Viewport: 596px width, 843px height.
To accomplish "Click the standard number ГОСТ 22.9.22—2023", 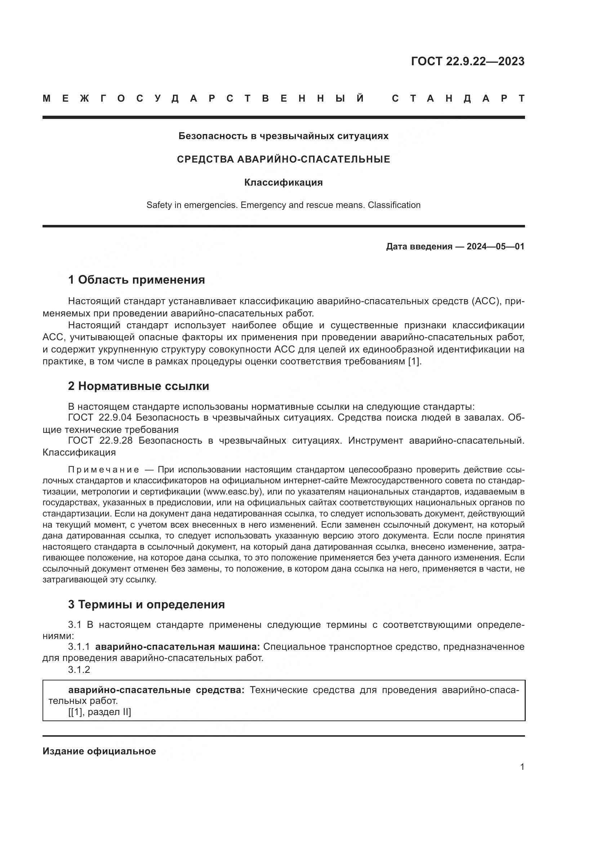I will point(468,61).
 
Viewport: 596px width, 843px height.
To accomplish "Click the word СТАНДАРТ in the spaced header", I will point(458,99).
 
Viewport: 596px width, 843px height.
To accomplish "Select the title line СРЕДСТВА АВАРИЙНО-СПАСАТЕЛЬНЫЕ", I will point(283,159).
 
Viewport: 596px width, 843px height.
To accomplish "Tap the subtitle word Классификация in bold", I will point(283,182).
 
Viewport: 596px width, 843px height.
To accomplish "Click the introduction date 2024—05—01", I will point(495,247).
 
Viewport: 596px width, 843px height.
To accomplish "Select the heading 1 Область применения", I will point(137,280).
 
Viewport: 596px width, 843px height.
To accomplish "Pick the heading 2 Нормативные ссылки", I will point(139,386).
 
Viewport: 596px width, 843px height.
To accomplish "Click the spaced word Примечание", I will point(103,470).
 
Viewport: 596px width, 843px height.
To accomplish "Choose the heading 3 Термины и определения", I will point(146,605).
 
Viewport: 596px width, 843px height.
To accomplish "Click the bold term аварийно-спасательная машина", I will point(177,647).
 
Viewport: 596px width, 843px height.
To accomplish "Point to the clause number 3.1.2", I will point(79,669).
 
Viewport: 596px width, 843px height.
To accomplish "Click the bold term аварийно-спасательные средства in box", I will point(156,690).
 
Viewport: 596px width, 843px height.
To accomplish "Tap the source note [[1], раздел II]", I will point(99,712).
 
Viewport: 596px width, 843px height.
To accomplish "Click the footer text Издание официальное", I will point(99,751).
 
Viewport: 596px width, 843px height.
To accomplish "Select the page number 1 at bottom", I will point(522,767).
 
